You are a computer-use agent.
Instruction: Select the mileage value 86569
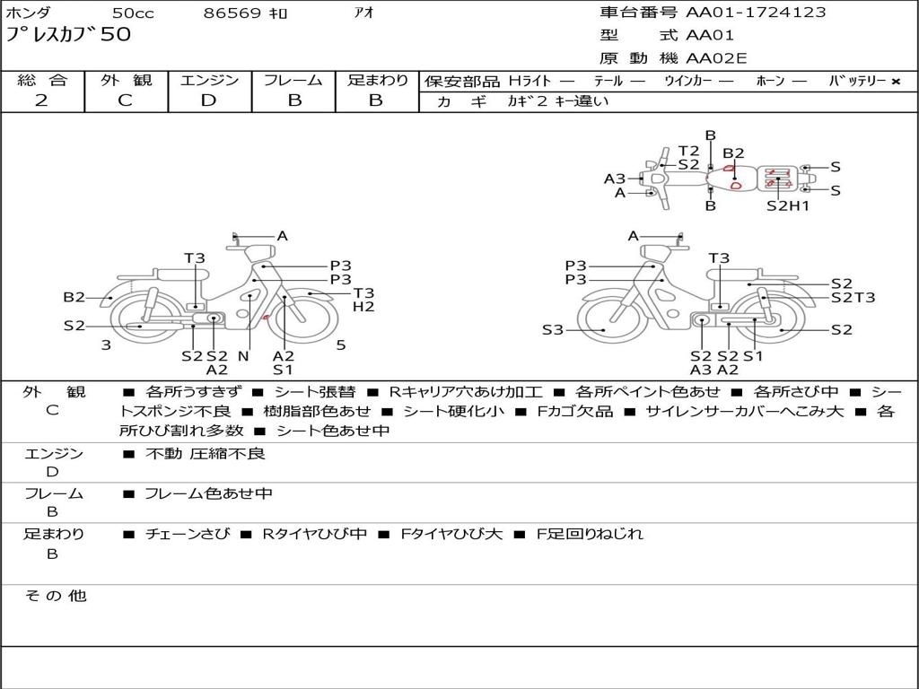[232, 13]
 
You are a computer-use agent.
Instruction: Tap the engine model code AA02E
[716, 59]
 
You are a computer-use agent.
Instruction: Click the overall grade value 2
[41, 100]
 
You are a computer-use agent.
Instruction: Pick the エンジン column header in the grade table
[209, 81]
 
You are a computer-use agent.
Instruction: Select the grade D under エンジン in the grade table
[209, 100]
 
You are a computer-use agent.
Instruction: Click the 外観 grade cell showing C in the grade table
[126, 100]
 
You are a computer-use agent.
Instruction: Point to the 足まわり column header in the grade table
[377, 81]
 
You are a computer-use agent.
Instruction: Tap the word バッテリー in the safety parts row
[856, 82]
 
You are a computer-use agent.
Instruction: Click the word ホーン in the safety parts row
[770, 82]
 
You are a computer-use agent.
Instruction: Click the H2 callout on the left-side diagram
[363, 307]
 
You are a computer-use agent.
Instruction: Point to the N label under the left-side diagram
[242, 356]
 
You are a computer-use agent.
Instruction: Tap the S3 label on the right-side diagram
[553, 330]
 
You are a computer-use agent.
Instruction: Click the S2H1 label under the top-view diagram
[788, 205]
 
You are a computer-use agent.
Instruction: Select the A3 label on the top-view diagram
[614, 179]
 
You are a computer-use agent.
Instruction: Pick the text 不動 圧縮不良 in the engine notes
[206, 454]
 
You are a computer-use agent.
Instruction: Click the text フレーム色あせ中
[208, 493]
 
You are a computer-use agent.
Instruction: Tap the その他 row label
[55, 596]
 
